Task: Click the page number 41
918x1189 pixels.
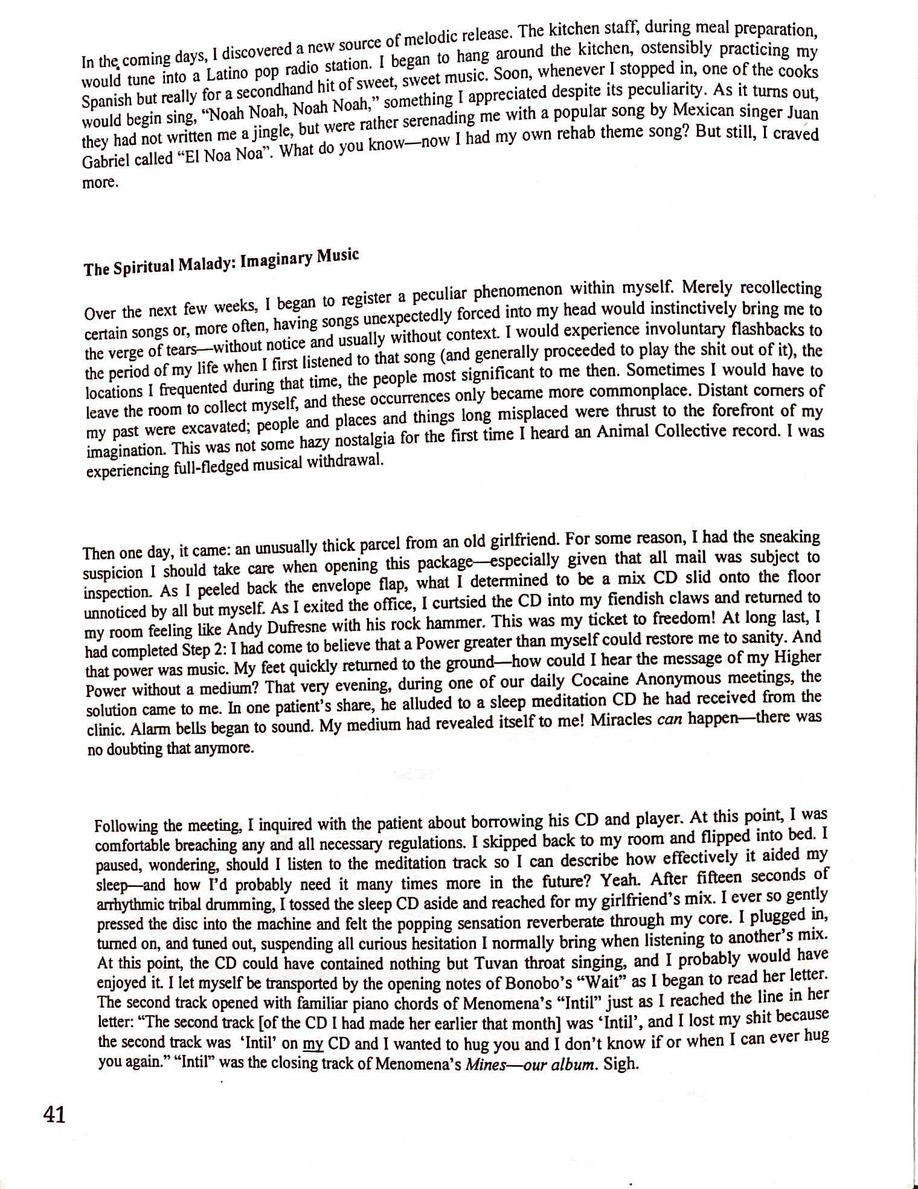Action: [x=54, y=1114]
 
